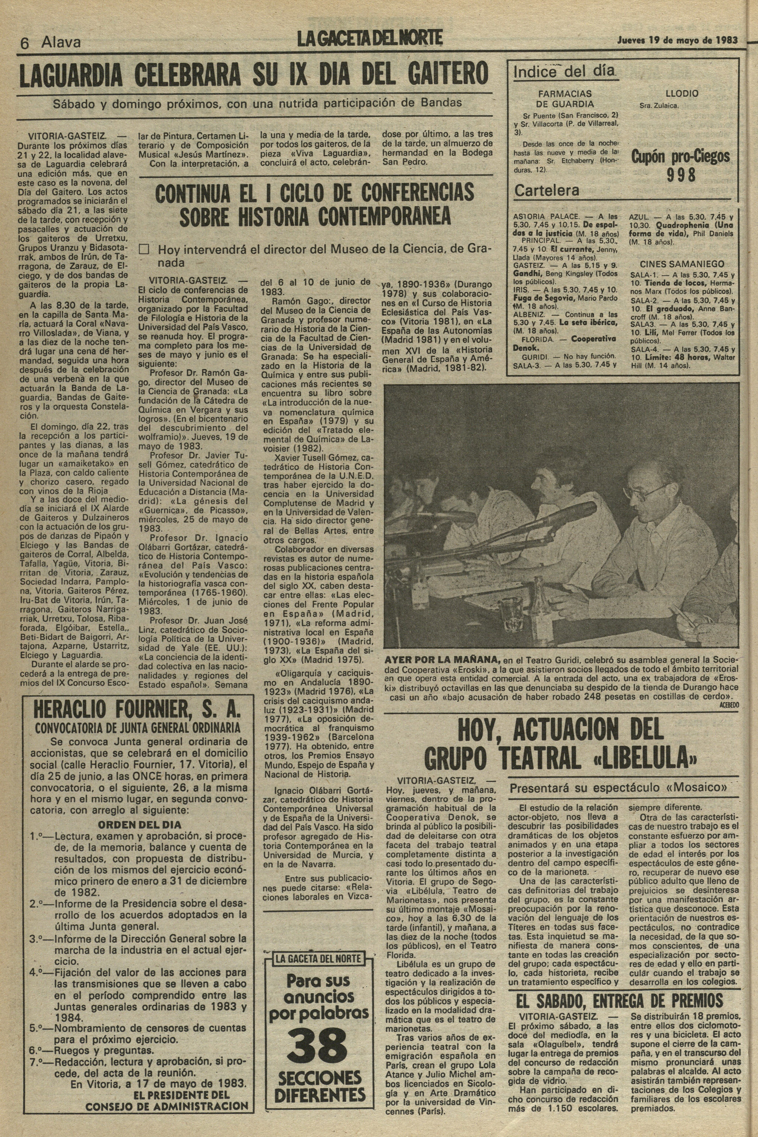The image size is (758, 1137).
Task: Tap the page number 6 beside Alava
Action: pyautogui.click(x=25, y=43)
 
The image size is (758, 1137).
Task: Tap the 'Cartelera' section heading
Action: pyautogui.click(x=546, y=191)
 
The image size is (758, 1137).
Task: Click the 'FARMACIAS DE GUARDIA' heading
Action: pyautogui.click(x=565, y=99)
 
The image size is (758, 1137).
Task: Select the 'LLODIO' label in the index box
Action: pyautogui.click(x=682, y=94)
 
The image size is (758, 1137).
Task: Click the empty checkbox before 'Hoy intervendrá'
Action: pyautogui.click(x=144, y=249)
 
